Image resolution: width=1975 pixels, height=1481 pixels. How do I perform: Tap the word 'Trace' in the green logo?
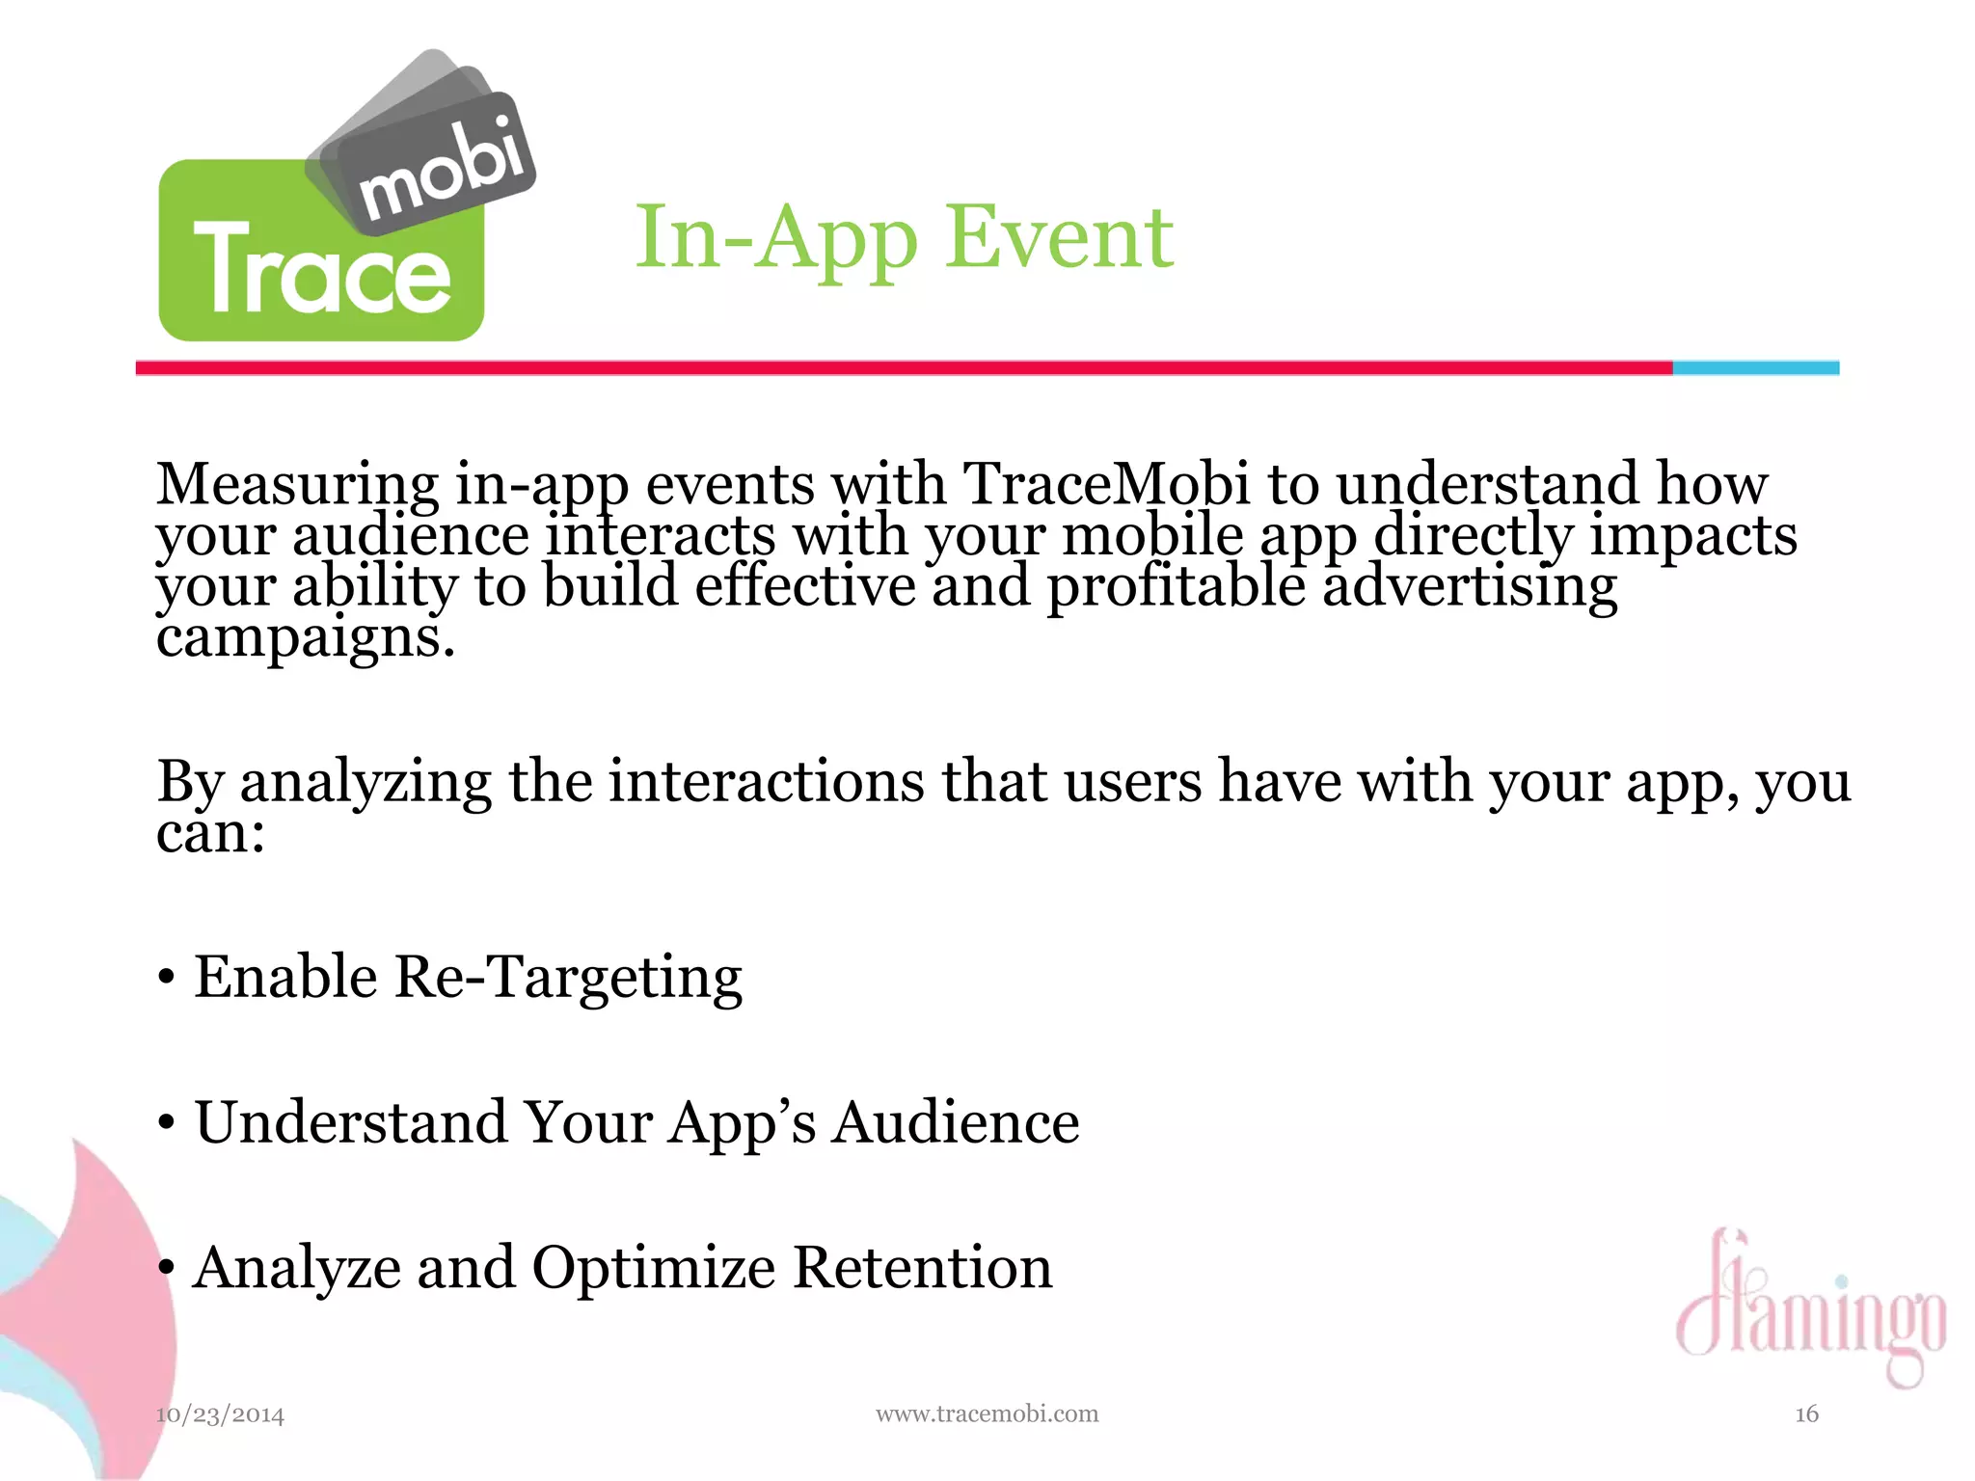[x=322, y=269]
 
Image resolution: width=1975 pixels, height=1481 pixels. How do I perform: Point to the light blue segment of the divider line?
[x=1755, y=367]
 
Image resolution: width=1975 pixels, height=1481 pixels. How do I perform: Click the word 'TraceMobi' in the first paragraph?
[x=1105, y=483]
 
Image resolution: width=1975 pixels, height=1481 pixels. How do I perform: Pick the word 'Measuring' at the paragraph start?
[x=297, y=485]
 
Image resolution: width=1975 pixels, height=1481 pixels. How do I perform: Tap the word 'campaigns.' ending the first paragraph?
[x=305, y=638]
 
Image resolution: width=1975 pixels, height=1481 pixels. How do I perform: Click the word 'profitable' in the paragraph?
[x=1176, y=587]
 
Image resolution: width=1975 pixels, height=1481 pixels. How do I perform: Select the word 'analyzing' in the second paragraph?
[x=365, y=783]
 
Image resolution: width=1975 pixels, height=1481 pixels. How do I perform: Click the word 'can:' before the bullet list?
[x=210, y=832]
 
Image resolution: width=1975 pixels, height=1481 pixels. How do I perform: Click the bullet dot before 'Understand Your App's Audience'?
[x=167, y=1123]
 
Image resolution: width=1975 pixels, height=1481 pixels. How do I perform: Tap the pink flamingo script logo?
[x=1810, y=1307]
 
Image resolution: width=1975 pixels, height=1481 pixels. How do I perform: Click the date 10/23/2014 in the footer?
[x=220, y=1414]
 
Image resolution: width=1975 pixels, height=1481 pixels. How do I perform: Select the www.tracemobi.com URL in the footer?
[x=987, y=1414]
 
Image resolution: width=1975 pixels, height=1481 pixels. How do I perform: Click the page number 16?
[x=1806, y=1414]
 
